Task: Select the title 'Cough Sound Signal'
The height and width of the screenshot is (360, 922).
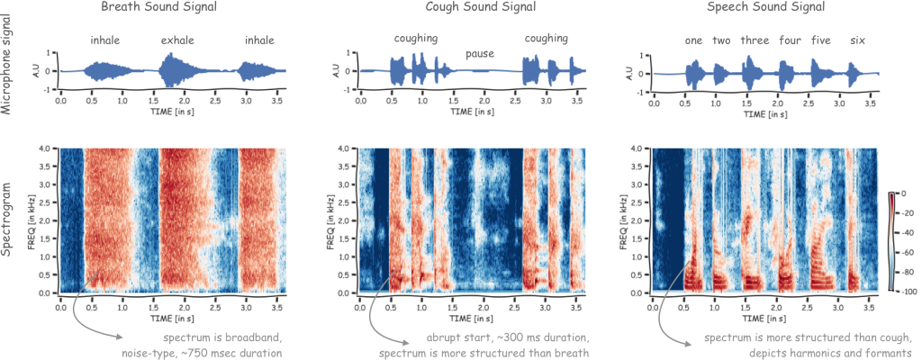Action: click(x=480, y=8)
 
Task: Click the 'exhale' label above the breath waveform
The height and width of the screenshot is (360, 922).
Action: click(x=178, y=40)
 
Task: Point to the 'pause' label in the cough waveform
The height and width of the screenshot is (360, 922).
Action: click(x=480, y=54)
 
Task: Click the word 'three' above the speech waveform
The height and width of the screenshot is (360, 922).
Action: click(x=755, y=40)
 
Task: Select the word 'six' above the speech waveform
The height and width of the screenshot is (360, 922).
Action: click(x=858, y=40)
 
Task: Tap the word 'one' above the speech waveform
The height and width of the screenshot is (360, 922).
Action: click(x=693, y=40)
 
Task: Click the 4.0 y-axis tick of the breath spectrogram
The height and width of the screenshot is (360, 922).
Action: click(x=43, y=148)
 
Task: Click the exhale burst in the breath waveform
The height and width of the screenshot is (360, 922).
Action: click(x=173, y=70)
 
